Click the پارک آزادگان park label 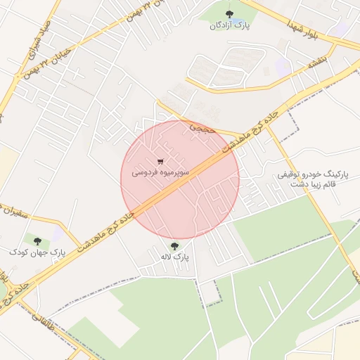tap(229, 25)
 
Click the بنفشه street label tap(314, 63)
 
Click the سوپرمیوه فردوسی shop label tap(160, 170)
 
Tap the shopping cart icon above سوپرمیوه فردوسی tap(160, 159)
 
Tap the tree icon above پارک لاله tap(174, 246)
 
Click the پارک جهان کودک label tap(37, 251)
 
